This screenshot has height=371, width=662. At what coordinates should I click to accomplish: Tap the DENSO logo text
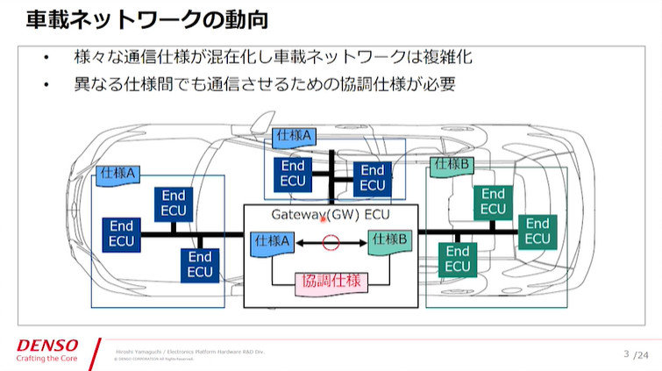(47, 345)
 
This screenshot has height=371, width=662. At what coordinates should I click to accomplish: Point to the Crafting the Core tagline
(47, 358)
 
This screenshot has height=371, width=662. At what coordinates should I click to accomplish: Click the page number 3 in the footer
(626, 353)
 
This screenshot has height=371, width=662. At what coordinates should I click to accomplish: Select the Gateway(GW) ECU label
(331, 215)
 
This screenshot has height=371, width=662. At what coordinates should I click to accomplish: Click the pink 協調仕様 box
(331, 282)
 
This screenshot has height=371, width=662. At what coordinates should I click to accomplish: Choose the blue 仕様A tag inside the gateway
(271, 240)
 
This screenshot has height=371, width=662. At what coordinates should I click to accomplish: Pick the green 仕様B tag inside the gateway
(389, 239)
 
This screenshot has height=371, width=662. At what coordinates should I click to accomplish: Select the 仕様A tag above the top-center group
(295, 136)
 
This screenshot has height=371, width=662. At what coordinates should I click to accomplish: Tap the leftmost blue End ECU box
(121, 233)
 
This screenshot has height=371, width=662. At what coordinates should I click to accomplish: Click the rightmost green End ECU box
(537, 232)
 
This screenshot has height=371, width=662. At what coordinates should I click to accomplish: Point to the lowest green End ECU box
(458, 260)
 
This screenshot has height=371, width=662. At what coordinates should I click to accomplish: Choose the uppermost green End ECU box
(493, 202)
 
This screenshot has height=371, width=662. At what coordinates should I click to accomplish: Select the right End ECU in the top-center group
(373, 178)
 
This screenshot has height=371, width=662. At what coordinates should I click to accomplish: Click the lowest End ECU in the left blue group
(200, 265)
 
